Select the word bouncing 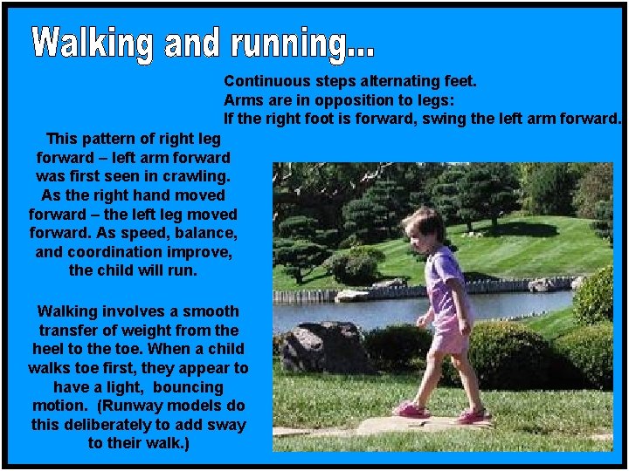(x=182, y=386)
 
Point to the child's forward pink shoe (x=410, y=409)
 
